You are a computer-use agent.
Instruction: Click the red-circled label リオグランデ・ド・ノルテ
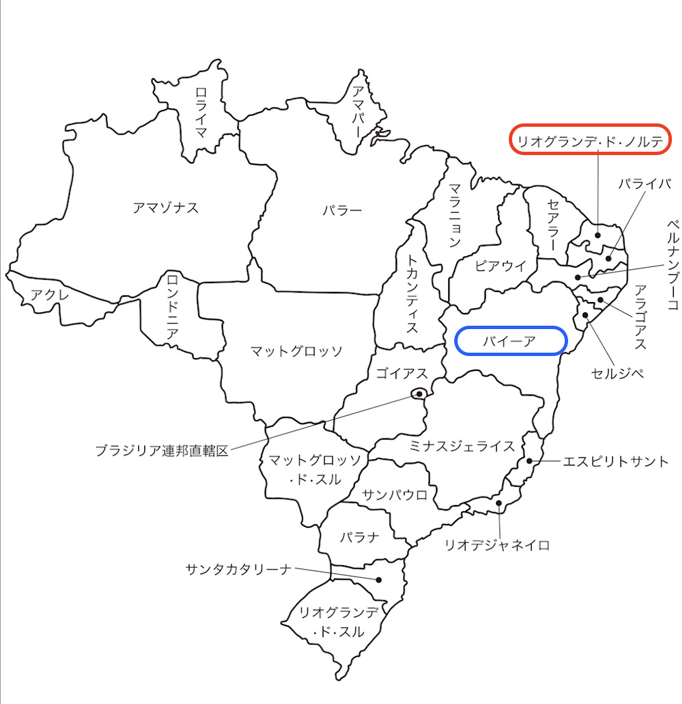pyautogui.click(x=590, y=140)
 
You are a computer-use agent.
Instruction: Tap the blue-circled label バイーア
pyautogui.click(x=510, y=341)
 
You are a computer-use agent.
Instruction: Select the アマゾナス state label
pyautogui.click(x=166, y=208)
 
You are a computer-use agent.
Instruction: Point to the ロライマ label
pyautogui.click(x=201, y=111)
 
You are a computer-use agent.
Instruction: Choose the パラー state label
pyautogui.click(x=342, y=210)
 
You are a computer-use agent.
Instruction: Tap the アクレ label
pyautogui.click(x=49, y=294)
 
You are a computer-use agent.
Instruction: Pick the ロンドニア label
pyautogui.click(x=173, y=305)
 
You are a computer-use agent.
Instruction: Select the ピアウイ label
pyautogui.click(x=500, y=265)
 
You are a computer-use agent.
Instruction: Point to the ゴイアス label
pyautogui.click(x=402, y=374)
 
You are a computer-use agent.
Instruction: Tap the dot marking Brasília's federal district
pyautogui.click(x=419, y=393)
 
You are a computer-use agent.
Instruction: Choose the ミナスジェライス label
pyautogui.click(x=463, y=446)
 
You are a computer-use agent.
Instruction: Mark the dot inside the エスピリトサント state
pyautogui.click(x=530, y=461)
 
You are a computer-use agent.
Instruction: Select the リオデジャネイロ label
pyautogui.click(x=497, y=545)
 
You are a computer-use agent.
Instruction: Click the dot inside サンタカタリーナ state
pyautogui.click(x=379, y=579)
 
